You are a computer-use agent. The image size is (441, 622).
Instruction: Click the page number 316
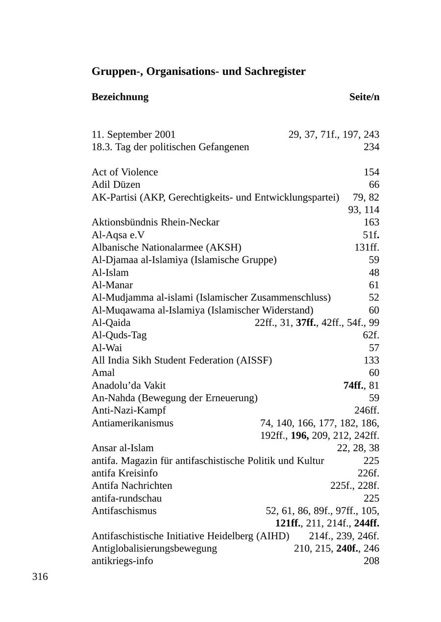tap(40, 576)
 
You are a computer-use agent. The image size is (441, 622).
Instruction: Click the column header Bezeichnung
tap(120, 96)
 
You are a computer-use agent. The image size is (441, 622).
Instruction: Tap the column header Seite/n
tap(364, 96)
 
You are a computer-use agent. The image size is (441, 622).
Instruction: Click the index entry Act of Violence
tap(125, 172)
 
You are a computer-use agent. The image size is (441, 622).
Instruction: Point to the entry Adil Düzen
tap(116, 184)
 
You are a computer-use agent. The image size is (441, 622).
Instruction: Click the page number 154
tap(371, 172)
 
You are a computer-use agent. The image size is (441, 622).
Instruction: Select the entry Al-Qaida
tap(111, 323)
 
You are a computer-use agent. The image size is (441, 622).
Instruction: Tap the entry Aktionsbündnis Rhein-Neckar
tap(155, 222)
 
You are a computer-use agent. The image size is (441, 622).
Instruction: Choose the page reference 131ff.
tap(367, 247)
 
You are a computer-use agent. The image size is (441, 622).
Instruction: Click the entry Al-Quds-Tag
tap(119, 335)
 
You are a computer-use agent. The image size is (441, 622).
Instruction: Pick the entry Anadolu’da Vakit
tap(132, 386)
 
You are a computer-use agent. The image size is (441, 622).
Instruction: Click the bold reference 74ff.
tap(354, 386)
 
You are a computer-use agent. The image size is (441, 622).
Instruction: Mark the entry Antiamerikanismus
tap(132, 423)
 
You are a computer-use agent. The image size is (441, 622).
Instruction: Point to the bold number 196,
tap(299, 436)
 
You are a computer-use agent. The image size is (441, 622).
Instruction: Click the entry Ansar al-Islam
tap(122, 448)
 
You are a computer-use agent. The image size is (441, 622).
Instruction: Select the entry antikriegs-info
tap(122, 561)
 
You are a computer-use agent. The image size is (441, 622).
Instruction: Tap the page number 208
tap(371, 561)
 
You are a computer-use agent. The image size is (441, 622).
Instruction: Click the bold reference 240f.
tap(347, 548)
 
